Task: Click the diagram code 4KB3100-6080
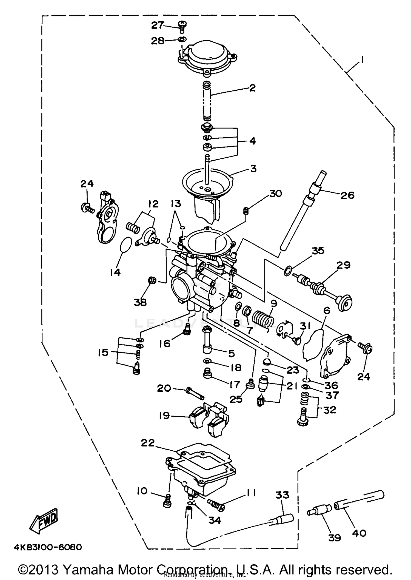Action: click(48, 547)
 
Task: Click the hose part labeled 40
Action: click(359, 500)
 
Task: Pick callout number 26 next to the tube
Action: click(347, 195)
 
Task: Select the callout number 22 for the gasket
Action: click(148, 443)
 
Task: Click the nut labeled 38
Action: click(152, 280)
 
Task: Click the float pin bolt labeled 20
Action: click(195, 393)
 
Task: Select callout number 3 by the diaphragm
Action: click(253, 169)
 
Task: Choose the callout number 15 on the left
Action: click(104, 352)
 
